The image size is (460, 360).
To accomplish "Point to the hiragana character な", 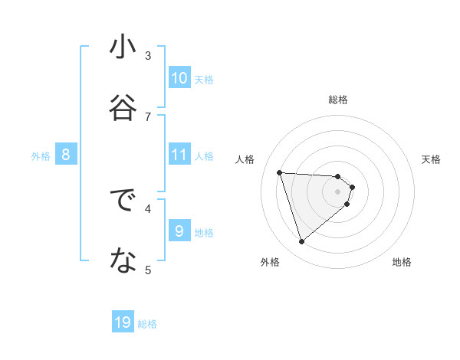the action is (x=123, y=262).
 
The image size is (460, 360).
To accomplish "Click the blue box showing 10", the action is (x=179, y=77).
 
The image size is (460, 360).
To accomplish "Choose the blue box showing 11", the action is (x=179, y=155).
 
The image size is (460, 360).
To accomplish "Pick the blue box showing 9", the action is (x=179, y=231).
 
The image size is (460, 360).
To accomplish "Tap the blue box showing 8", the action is (x=66, y=155).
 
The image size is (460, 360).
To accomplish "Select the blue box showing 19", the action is (x=123, y=322).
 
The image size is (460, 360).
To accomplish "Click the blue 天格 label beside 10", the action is (x=204, y=79).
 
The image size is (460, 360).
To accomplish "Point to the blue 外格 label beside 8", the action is (x=41, y=156).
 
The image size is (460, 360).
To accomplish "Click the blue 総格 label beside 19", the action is (x=147, y=324).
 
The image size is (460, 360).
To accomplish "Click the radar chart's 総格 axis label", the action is (x=338, y=100).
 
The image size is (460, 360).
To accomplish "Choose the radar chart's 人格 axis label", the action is (x=245, y=159).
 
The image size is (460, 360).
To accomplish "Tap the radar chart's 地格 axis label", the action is (x=402, y=262).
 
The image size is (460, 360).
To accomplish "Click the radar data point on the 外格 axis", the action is (x=301, y=242).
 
